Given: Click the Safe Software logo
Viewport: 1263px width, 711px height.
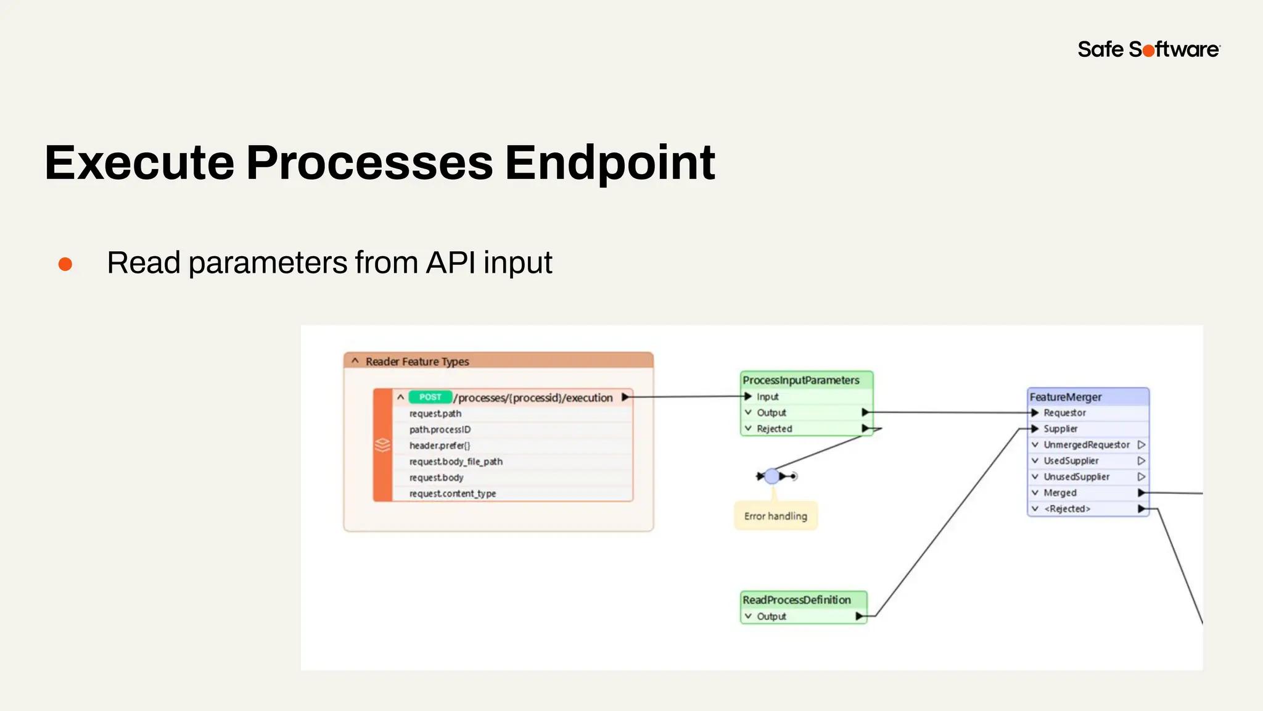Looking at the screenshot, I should click(1148, 49).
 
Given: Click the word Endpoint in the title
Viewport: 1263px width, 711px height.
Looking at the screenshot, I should click(609, 163).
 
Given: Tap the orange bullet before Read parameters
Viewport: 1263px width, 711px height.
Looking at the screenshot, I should click(65, 264).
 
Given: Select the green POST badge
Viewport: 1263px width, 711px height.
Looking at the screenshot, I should click(430, 397).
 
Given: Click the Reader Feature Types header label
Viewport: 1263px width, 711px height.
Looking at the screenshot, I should click(417, 362).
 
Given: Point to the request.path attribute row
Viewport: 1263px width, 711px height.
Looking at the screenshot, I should click(435, 414).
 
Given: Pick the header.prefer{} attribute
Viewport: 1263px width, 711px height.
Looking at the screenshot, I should click(440, 446).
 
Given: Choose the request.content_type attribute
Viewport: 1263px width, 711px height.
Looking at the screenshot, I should click(453, 494).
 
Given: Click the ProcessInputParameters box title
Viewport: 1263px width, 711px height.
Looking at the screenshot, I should click(800, 380).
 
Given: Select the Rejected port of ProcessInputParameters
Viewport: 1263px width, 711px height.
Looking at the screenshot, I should click(775, 429).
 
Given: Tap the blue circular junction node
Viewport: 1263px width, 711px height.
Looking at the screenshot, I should click(771, 476).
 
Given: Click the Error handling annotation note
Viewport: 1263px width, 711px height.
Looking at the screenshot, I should click(775, 516).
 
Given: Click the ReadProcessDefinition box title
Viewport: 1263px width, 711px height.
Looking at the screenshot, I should click(796, 600).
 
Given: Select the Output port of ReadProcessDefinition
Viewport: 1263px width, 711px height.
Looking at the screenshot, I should click(771, 617).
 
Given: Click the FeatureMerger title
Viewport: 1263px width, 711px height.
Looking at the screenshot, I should click(1065, 397).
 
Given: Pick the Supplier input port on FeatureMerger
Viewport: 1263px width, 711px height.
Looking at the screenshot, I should click(1060, 429).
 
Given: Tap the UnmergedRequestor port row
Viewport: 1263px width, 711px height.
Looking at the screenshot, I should click(1086, 445).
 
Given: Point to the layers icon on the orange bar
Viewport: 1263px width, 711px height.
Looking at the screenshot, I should click(382, 445).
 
